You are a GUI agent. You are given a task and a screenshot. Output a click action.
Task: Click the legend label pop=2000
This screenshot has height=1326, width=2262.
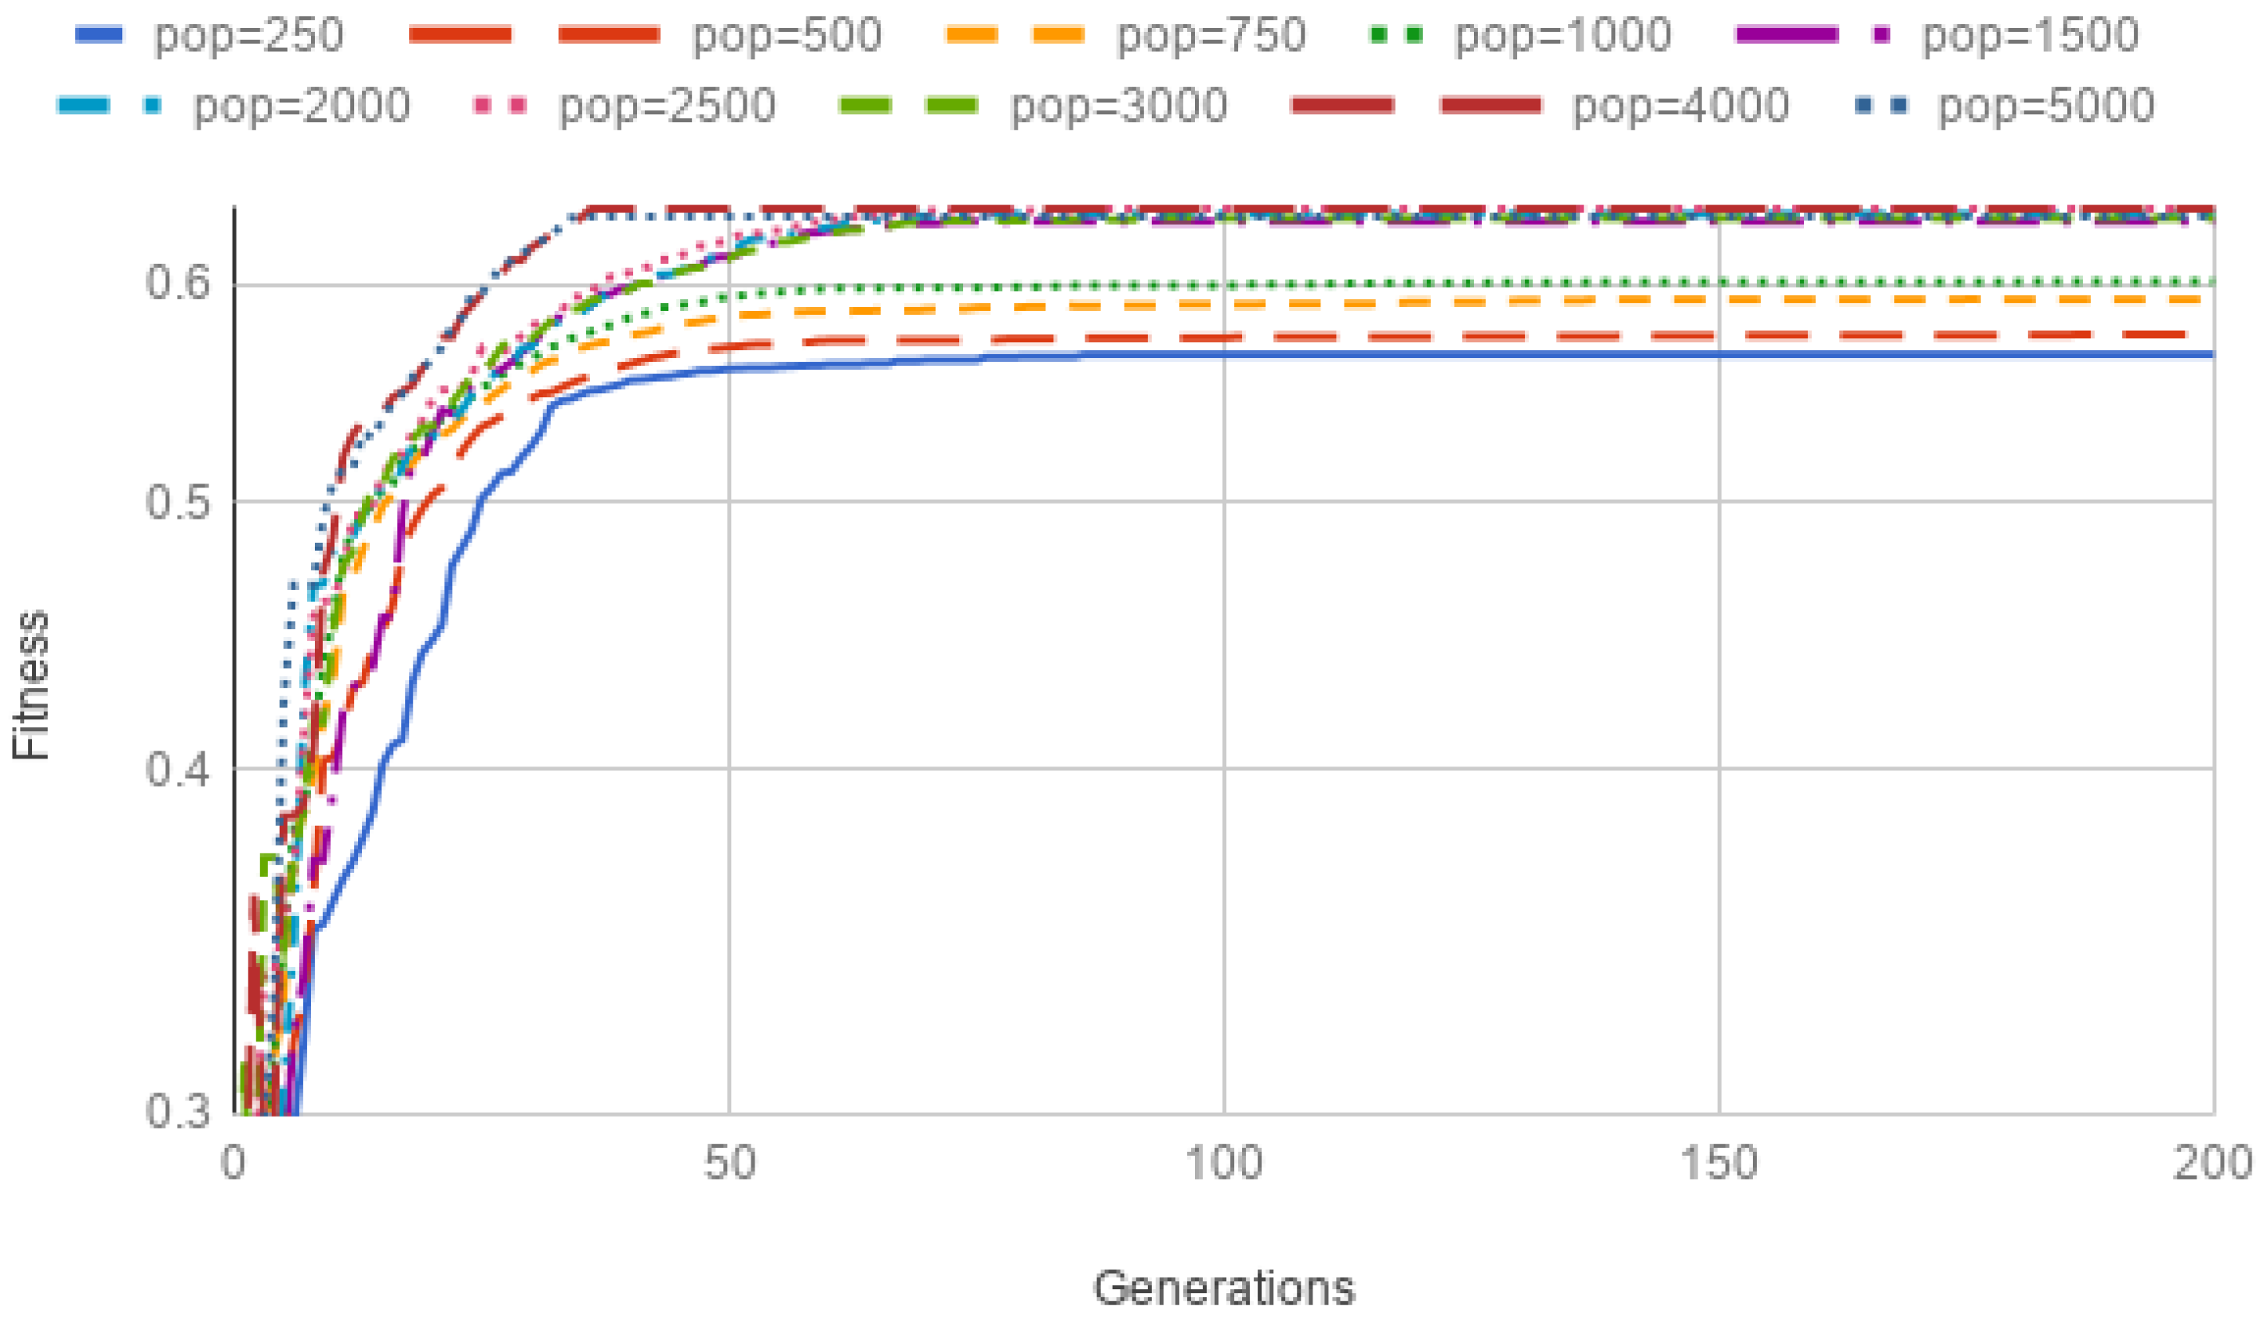(x=302, y=107)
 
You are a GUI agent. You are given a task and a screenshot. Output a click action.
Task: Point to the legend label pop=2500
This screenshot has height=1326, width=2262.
(x=667, y=107)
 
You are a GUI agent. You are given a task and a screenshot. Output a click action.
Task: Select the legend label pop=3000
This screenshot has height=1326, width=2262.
(x=1119, y=107)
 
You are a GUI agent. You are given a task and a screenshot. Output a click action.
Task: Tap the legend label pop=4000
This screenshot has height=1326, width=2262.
(x=1681, y=107)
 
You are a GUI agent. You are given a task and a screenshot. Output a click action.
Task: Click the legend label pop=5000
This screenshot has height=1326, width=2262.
(x=2046, y=107)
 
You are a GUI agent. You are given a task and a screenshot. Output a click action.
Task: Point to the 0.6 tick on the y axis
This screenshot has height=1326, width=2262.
(x=177, y=284)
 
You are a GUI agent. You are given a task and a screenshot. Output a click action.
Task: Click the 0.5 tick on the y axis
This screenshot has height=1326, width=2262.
(x=177, y=503)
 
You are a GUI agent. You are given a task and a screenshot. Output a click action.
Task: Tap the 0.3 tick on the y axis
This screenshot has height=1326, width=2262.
(x=177, y=1112)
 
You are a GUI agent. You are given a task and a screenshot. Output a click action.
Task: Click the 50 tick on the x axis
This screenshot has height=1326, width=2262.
(x=729, y=1164)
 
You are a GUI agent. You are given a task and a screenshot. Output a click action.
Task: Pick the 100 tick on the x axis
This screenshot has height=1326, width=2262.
(x=1224, y=1164)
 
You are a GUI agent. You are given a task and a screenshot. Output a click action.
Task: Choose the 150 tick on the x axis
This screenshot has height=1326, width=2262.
(x=1718, y=1164)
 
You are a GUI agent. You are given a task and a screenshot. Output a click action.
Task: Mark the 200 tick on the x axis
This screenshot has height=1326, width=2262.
(x=2212, y=1164)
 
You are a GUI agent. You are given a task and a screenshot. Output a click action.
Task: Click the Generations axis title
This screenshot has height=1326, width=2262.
(x=1224, y=1288)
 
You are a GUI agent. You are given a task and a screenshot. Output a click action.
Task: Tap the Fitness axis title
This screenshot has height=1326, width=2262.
(x=31, y=686)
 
